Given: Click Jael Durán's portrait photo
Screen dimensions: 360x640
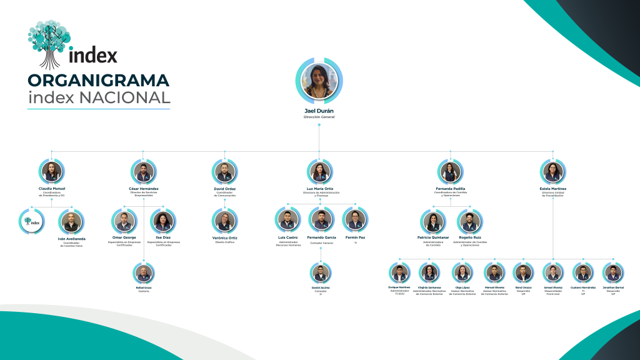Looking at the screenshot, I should (x=319, y=82).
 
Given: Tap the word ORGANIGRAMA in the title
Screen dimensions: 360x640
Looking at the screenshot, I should (x=98, y=81).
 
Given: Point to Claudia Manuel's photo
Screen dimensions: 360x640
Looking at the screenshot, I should (x=52, y=171).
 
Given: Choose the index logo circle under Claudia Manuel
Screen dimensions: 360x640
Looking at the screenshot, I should (x=31, y=221).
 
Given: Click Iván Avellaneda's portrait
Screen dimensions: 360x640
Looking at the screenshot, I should (x=71, y=221).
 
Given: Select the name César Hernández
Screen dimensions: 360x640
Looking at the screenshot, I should (x=143, y=188).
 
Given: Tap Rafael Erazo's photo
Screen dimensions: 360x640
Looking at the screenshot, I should (x=144, y=273).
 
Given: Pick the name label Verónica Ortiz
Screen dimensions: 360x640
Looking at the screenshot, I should (x=224, y=237).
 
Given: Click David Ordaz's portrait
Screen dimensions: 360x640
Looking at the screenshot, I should (x=224, y=171).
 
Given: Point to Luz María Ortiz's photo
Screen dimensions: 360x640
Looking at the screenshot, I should (x=319, y=171).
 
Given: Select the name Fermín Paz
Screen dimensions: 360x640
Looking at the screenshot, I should (x=355, y=237).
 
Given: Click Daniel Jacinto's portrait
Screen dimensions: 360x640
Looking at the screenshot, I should (x=320, y=273).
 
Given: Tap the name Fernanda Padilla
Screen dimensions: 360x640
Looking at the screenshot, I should (x=450, y=188).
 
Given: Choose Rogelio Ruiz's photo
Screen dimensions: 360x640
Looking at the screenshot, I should (x=470, y=221).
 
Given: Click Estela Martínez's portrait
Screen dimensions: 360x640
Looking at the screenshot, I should (x=552, y=171).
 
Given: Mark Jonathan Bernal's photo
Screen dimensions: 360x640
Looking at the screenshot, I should (x=613, y=273).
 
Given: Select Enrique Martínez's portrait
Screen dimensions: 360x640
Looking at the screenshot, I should (x=398, y=273).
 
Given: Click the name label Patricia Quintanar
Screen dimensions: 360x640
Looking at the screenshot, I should (x=433, y=237).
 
